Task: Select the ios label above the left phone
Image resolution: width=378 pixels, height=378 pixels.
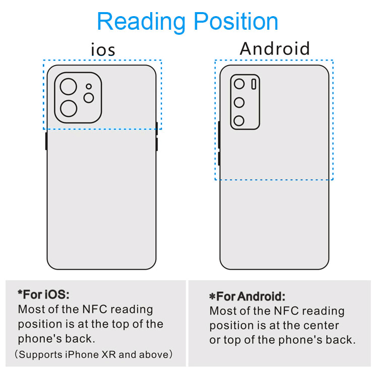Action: coord(103,49)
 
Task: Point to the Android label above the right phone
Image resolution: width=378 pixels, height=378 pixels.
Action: coord(275,48)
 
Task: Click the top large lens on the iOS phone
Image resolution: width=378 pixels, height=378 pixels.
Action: coord(69,86)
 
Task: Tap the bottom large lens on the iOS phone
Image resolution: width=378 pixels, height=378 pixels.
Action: coord(69,108)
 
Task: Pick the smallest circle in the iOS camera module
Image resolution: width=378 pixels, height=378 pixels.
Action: coord(89,86)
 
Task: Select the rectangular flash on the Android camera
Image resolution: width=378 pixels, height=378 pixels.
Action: coord(254,84)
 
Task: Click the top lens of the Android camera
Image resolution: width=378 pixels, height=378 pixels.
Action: coord(239,84)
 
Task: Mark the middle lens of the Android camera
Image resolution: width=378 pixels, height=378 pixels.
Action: coord(239,103)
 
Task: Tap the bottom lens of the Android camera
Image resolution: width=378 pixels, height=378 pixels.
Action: coord(239,121)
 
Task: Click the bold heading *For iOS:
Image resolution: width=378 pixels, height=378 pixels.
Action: coord(43,294)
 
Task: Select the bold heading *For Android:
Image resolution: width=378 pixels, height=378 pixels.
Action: coord(247,296)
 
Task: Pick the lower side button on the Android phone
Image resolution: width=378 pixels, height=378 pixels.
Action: coord(219,158)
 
